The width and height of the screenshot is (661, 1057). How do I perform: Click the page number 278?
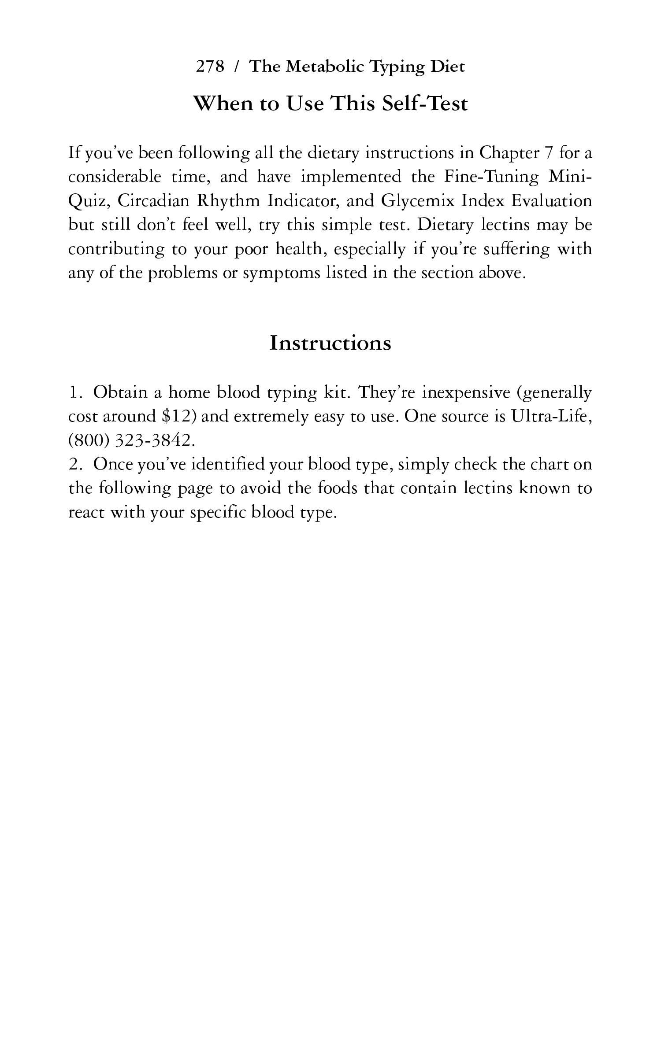click(x=210, y=67)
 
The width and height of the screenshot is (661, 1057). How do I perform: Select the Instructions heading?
click(x=330, y=343)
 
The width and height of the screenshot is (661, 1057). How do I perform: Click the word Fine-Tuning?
click(x=491, y=177)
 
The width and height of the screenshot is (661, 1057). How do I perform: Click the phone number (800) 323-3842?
click(x=131, y=440)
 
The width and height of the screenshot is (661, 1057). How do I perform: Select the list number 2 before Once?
click(x=74, y=464)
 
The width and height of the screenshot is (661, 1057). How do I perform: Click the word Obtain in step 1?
click(x=120, y=392)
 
